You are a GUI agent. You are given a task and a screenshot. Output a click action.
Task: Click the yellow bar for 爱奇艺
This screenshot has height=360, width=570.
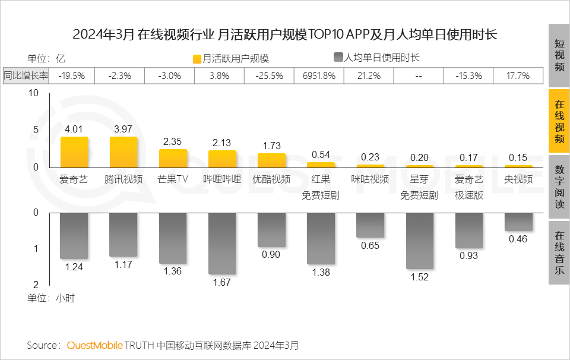pos(74,152)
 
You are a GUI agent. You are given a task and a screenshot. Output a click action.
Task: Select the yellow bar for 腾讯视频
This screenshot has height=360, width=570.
pos(123,152)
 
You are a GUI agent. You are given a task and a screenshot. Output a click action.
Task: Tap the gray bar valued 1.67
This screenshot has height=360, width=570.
pos(222,244)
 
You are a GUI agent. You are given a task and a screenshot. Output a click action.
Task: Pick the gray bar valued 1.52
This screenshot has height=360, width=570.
pos(419,241)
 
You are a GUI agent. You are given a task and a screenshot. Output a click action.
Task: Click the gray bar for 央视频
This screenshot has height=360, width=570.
pos(518,222)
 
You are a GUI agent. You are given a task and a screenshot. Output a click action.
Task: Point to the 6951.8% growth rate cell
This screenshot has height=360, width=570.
pos(319,75)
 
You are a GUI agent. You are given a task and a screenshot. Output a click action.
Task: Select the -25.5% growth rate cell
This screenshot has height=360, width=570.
pos(270,75)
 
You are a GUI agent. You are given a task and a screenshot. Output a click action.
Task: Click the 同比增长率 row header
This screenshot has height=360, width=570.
pos(27,75)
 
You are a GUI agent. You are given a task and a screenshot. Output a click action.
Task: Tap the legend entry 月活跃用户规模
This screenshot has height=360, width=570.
pos(231,58)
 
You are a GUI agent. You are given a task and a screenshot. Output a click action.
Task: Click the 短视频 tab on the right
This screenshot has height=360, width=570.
pos(559,55)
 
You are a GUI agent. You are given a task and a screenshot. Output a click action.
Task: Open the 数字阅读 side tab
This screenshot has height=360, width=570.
pos(559,187)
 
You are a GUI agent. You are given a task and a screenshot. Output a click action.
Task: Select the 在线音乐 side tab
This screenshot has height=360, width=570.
pos(559,252)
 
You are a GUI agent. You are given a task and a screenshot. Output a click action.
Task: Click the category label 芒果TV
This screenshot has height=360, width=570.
pos(173,179)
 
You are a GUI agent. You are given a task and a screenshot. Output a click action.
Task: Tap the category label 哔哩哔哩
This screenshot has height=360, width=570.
pos(222,179)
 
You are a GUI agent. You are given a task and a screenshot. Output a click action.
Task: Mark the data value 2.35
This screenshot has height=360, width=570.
pos(173,141)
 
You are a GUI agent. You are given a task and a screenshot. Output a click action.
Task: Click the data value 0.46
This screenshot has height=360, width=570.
pos(518,239)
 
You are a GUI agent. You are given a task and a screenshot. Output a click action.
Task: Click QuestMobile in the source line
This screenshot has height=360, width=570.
pos(94,345)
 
